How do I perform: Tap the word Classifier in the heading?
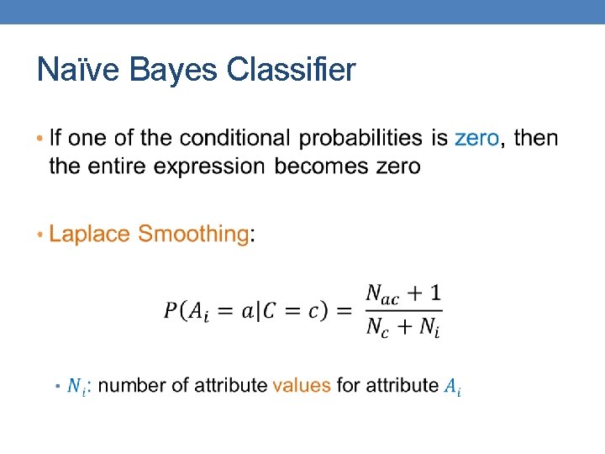tap(291, 71)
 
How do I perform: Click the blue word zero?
tap(476, 138)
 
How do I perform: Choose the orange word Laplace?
tap(90, 234)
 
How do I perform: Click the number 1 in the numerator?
tap(434, 293)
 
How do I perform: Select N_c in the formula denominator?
tap(377, 328)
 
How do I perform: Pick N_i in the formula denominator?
tap(428, 328)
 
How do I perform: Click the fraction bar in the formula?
tap(403, 311)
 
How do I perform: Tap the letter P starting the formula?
tap(171, 310)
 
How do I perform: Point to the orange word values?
tap(302, 386)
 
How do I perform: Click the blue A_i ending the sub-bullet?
tap(452, 387)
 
